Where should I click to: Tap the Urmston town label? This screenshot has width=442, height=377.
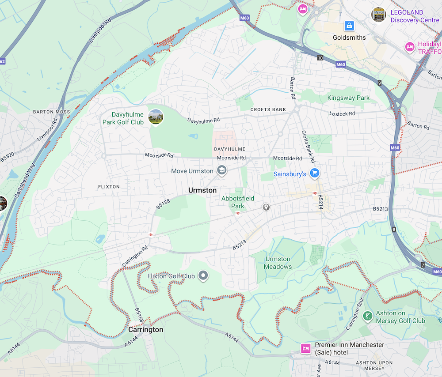click(x=202, y=190)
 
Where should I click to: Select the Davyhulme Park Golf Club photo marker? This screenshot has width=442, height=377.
click(x=156, y=117)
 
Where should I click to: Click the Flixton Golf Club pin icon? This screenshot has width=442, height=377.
click(x=203, y=276)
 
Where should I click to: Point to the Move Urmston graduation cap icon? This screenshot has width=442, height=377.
click(x=221, y=171)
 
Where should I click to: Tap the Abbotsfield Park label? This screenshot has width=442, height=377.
click(x=238, y=202)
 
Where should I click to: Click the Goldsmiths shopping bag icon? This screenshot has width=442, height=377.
click(x=349, y=26)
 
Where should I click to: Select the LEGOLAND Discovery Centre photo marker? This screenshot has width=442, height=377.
click(x=378, y=15)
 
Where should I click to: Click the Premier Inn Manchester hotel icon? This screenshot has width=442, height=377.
click(x=305, y=348)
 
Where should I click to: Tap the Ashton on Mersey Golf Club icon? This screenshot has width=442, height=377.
click(x=367, y=316)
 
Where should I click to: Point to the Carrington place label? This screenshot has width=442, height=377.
click(x=145, y=330)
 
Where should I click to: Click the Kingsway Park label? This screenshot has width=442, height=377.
click(x=348, y=98)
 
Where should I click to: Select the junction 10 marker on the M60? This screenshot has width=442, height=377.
click(x=320, y=58)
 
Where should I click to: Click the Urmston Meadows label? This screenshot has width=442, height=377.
click(x=278, y=263)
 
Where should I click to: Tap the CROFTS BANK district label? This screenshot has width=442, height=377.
click(x=268, y=109)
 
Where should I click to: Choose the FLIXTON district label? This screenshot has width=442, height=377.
click(x=109, y=187)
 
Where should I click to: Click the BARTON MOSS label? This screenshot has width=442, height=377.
click(x=51, y=112)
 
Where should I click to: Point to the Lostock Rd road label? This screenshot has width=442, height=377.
click(x=342, y=114)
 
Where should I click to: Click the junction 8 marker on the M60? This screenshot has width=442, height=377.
click(x=394, y=230)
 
